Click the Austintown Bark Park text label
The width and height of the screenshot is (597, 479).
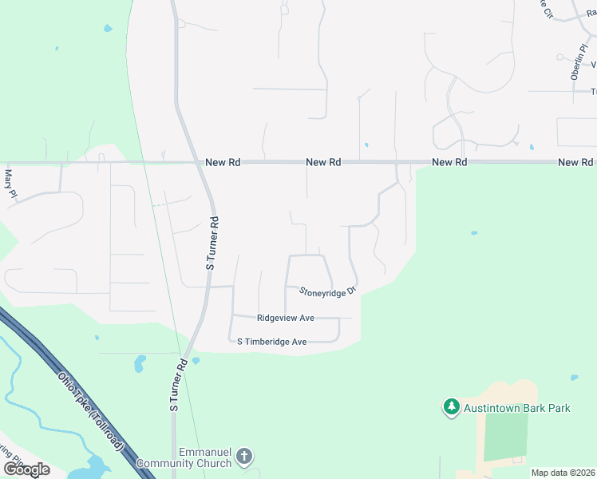[x=518, y=408]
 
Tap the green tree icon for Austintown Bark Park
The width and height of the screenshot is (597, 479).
[x=451, y=407]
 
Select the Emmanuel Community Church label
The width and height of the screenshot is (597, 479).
[x=184, y=457]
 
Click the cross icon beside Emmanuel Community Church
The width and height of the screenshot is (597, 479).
[x=244, y=457]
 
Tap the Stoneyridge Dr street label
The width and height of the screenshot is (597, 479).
[x=327, y=291]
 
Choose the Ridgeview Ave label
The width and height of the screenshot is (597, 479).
[x=285, y=318]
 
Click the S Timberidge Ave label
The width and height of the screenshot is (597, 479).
[x=272, y=342]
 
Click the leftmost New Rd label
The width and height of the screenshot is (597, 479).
[x=223, y=162]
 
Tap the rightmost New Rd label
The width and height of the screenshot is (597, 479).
[x=575, y=162]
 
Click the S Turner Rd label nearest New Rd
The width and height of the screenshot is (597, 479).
[x=212, y=243]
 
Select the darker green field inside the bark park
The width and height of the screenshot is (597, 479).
[x=506, y=436]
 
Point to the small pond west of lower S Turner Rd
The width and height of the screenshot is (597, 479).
[x=140, y=364]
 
